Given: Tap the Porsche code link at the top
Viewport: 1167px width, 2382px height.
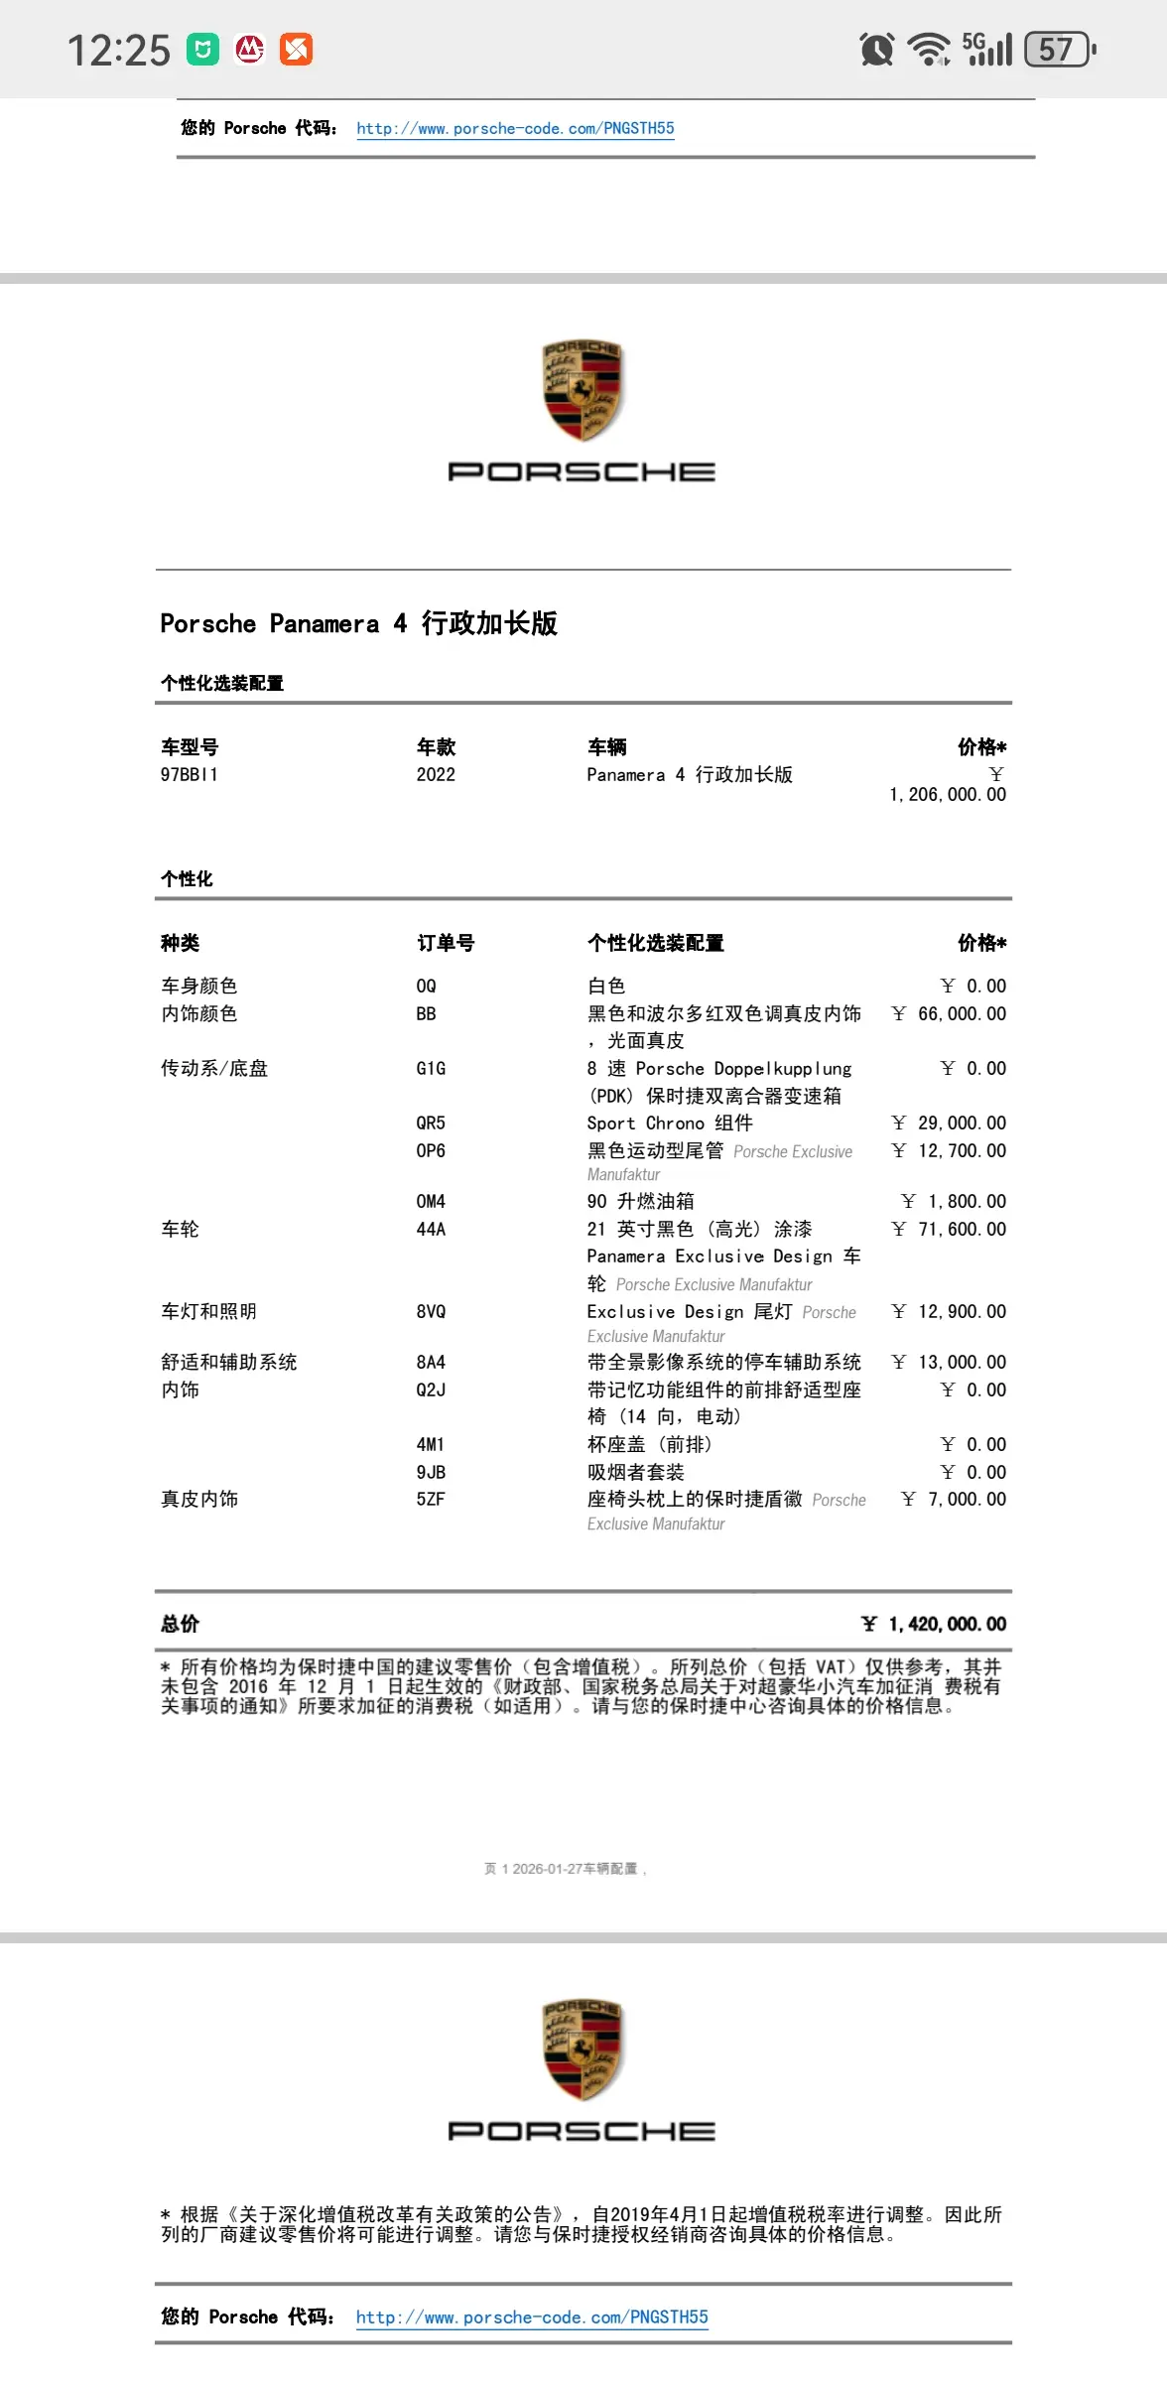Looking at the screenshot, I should (x=515, y=128).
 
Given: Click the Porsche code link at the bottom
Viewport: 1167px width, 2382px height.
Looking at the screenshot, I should (x=532, y=2316).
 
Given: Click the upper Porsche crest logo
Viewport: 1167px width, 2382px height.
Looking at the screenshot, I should (x=582, y=391).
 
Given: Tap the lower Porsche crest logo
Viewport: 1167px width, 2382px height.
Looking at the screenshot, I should (x=582, y=2051).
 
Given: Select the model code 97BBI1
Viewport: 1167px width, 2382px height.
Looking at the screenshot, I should (x=190, y=774).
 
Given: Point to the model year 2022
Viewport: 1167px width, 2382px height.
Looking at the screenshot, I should (x=436, y=774).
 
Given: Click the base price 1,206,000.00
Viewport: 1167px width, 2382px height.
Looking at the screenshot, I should (x=948, y=794).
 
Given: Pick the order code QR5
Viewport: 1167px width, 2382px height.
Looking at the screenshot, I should (x=431, y=1123).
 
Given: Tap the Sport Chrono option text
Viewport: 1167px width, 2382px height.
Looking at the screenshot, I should (x=670, y=1123).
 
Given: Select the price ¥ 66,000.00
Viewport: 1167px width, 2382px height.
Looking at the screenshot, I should (x=950, y=1013).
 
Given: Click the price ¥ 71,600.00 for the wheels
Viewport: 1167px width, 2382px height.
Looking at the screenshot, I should (x=950, y=1229).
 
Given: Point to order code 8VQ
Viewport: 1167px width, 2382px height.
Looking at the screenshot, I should (x=431, y=1311).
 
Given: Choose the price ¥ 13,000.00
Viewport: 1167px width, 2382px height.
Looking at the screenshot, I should (x=950, y=1362).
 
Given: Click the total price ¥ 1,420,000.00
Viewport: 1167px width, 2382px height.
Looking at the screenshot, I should (x=934, y=1624).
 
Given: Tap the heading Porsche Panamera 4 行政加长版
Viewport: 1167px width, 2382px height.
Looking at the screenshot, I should (x=359, y=623).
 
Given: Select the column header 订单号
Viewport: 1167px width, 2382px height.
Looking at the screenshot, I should (x=446, y=943).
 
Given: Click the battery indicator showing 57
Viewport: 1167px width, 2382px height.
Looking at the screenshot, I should (x=1060, y=49).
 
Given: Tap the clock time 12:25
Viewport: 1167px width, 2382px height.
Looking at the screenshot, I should (x=119, y=50).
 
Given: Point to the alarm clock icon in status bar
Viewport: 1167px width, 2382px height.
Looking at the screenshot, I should (x=877, y=49).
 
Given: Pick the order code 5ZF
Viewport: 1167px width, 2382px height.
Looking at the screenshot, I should (x=431, y=1499).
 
